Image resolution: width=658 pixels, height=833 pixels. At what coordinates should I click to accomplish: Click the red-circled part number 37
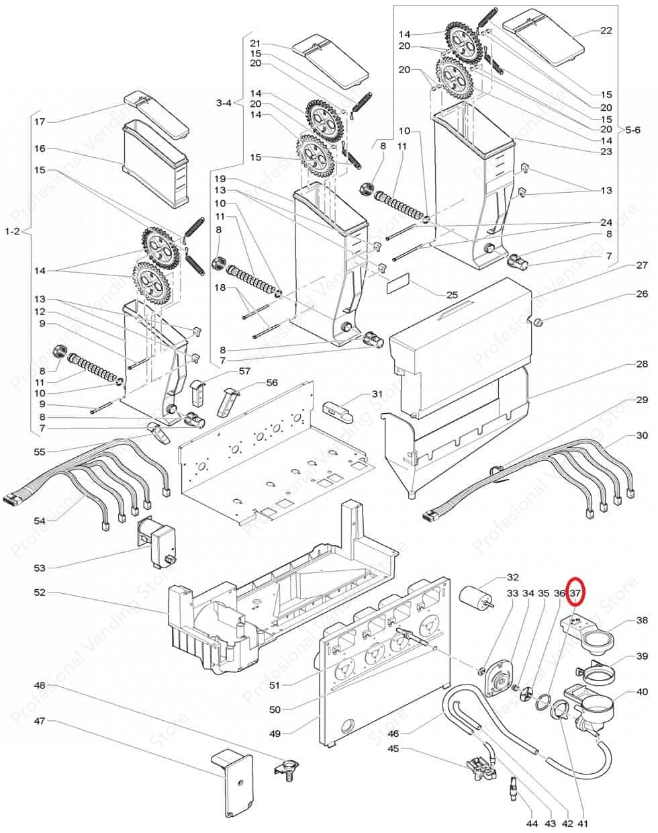pos(575,594)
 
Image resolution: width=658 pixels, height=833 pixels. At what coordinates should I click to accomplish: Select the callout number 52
pos(40,593)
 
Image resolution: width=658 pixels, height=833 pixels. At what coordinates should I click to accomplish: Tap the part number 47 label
pos(40,721)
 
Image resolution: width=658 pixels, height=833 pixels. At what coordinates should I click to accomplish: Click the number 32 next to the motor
pos(513,577)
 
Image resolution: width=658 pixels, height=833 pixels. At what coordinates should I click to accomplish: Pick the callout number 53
pos(40,568)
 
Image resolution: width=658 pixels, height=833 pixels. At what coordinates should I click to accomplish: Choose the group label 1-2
pos(13,232)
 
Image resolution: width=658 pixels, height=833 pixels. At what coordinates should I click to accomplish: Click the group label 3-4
pos(224,103)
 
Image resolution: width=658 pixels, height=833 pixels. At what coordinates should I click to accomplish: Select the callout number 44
pos(532,824)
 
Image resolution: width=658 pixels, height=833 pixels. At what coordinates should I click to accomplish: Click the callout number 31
pos(377,394)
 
